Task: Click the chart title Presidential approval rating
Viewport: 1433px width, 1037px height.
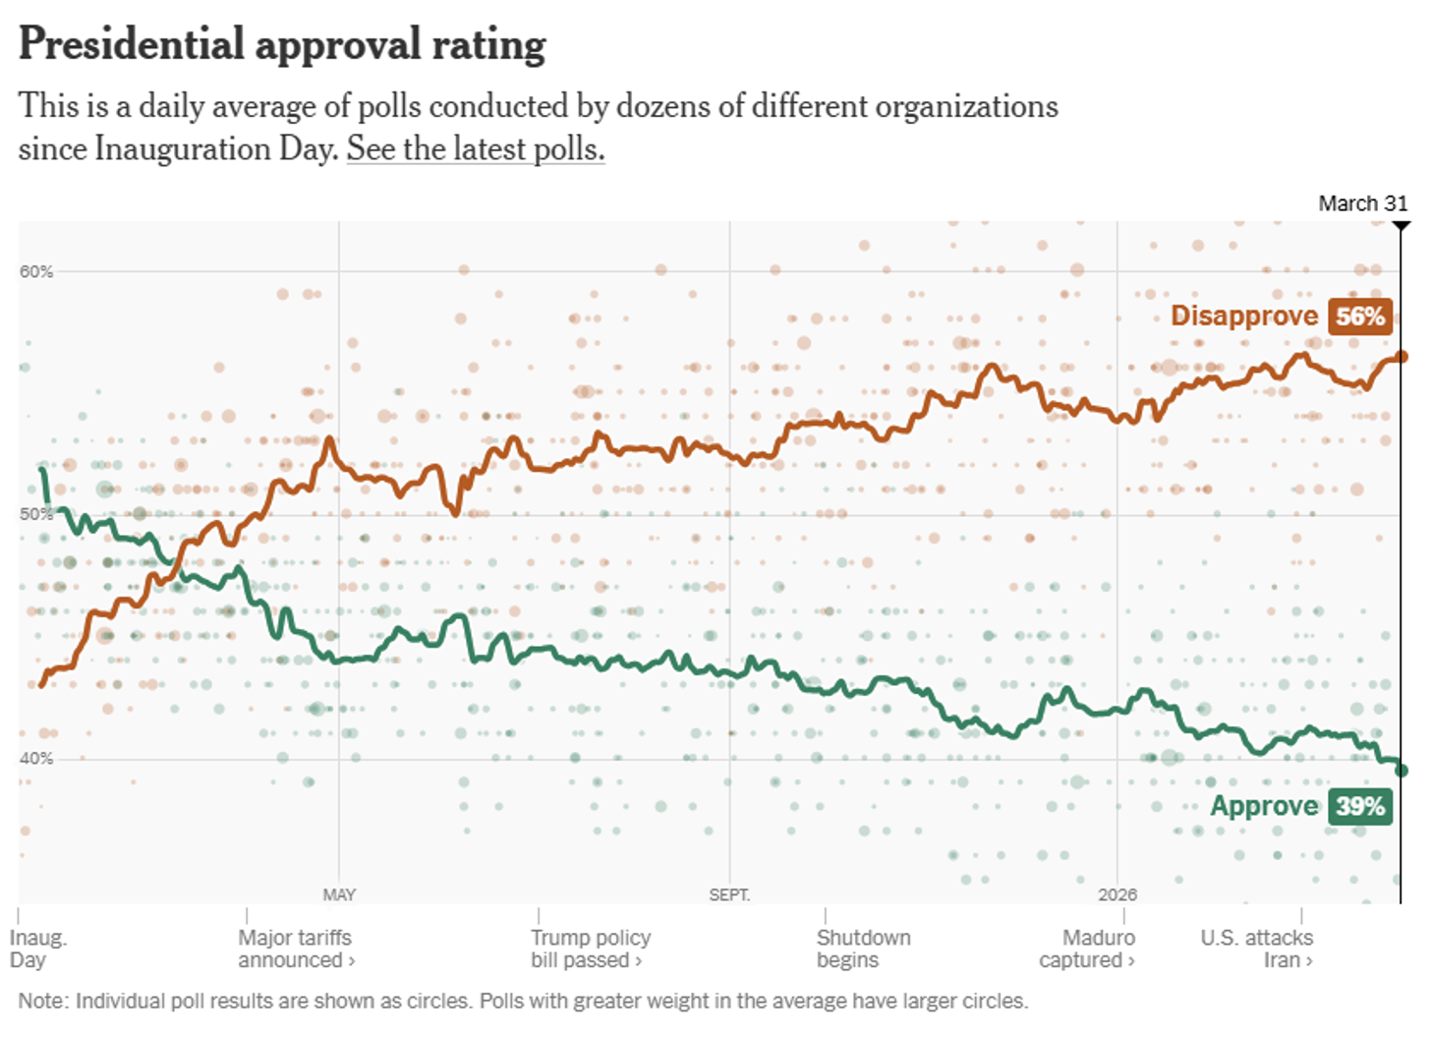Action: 282,45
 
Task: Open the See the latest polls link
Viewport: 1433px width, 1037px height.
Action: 476,148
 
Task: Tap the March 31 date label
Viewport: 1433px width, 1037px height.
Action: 1362,203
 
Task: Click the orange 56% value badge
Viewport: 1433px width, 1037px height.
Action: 1359,317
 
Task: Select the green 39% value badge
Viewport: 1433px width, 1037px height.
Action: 1359,807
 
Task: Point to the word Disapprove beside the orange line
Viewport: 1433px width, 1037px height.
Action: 1243,316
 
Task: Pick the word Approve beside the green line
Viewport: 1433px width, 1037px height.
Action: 1263,806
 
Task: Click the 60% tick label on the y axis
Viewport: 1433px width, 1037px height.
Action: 36,271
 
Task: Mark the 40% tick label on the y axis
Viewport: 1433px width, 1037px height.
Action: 36,758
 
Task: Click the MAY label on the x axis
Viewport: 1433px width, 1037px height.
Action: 339,894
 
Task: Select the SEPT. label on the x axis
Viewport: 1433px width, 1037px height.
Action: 729,894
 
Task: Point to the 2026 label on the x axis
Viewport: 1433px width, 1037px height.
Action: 1118,894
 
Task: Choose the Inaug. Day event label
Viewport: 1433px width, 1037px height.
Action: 37,949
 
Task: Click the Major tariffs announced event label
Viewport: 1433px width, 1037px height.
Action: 295,949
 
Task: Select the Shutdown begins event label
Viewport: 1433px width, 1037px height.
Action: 863,949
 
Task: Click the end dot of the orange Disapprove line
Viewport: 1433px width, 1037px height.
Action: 1402,357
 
